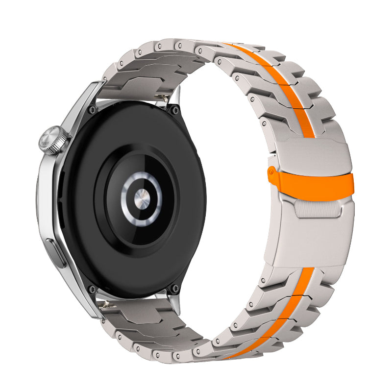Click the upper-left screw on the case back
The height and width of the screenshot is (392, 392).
point(91,111)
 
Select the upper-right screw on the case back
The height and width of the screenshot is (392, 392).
point(173,110)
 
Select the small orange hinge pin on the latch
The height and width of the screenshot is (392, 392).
point(270,171)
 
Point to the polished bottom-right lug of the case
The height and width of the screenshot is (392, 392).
point(174,301)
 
